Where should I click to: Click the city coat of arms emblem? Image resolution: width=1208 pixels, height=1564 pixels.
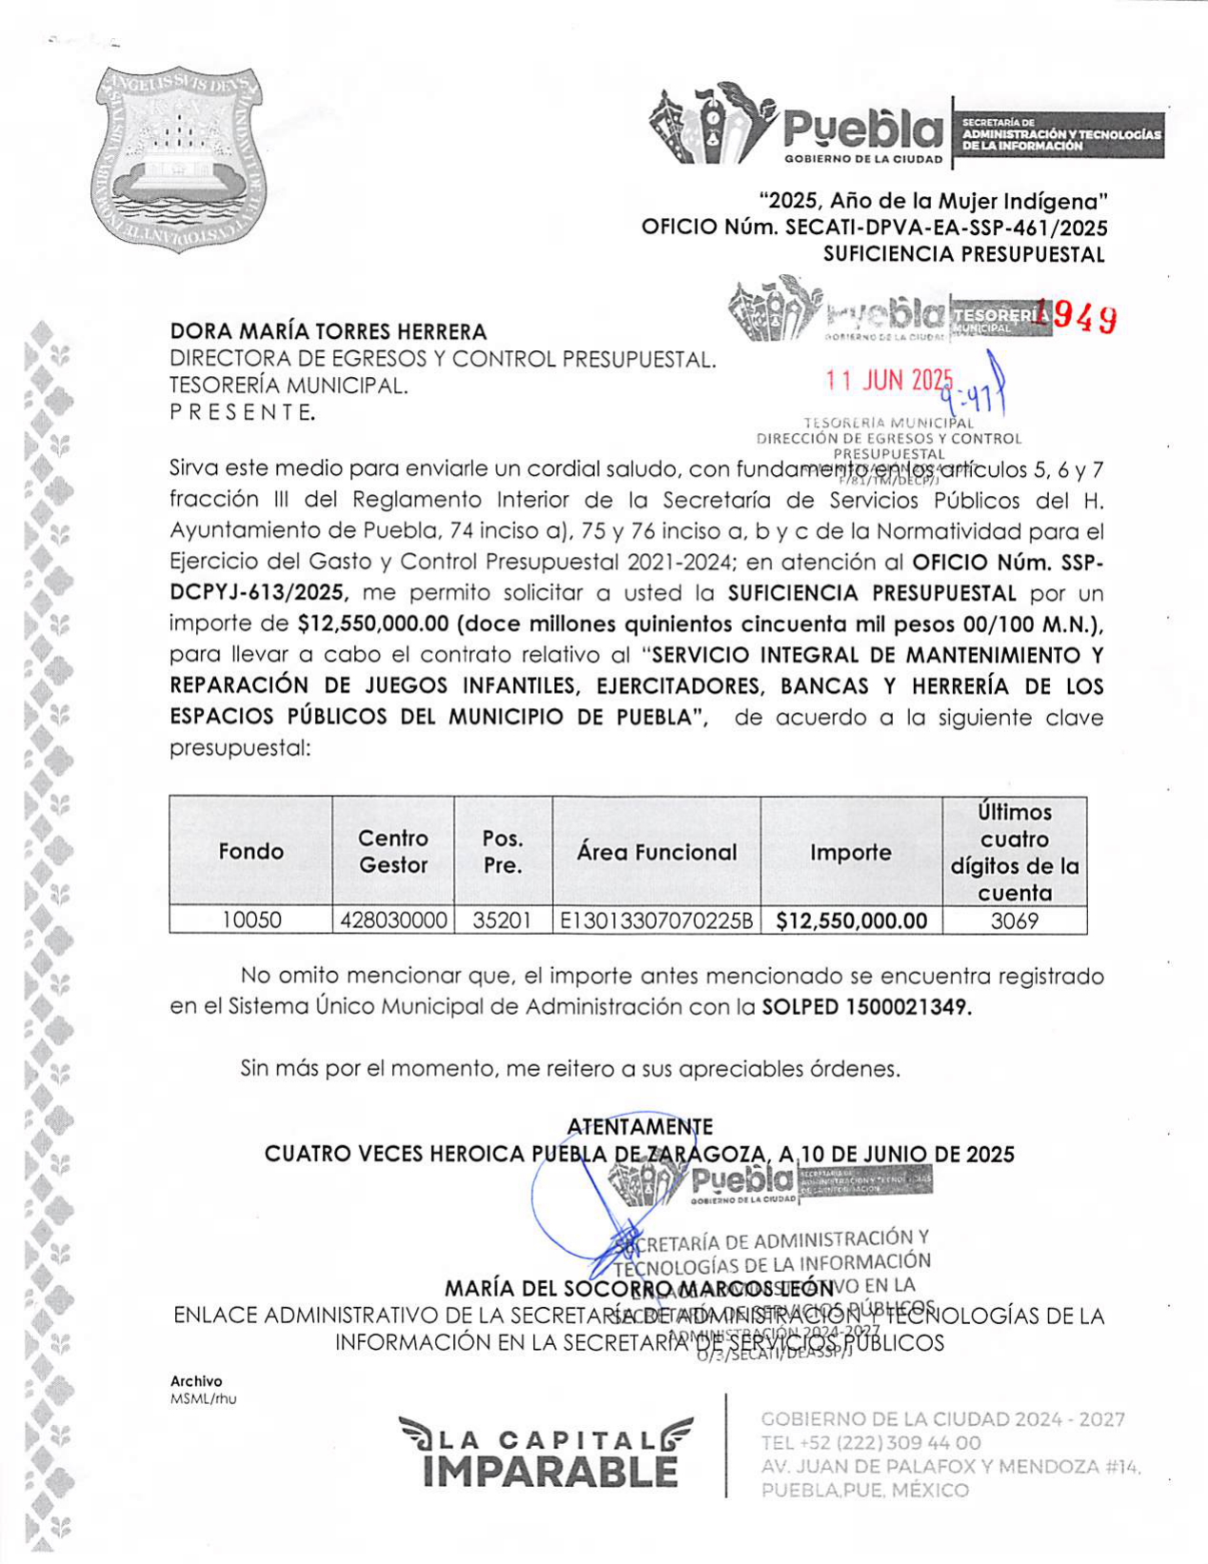[179, 159]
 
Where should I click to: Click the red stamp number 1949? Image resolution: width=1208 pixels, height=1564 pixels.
[1080, 318]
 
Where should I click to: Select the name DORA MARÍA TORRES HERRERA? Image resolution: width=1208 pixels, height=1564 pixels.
[328, 331]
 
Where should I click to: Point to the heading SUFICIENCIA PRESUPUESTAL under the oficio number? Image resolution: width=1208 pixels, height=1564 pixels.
[963, 254]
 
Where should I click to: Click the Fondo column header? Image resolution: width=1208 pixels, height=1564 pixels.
[251, 851]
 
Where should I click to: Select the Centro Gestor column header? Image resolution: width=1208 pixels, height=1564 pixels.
[393, 851]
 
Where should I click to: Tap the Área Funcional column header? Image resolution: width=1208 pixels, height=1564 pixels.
[656, 852]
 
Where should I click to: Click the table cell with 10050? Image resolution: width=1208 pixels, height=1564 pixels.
[251, 921]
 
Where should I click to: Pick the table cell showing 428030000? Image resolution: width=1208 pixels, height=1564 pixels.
[393, 921]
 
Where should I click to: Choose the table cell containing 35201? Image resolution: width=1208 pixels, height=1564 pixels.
[502, 921]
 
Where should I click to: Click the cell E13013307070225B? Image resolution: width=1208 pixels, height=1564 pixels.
[656, 921]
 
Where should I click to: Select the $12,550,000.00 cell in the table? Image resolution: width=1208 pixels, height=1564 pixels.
[851, 921]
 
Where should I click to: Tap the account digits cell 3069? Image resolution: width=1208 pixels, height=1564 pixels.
[1014, 921]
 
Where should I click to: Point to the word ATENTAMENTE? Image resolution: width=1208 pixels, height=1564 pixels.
[639, 1127]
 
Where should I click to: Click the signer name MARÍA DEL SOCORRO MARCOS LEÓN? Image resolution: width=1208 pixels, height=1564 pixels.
[639, 1289]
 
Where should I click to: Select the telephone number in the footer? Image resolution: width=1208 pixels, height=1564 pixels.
[870, 1443]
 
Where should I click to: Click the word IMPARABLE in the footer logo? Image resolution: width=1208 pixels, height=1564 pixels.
[549, 1472]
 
